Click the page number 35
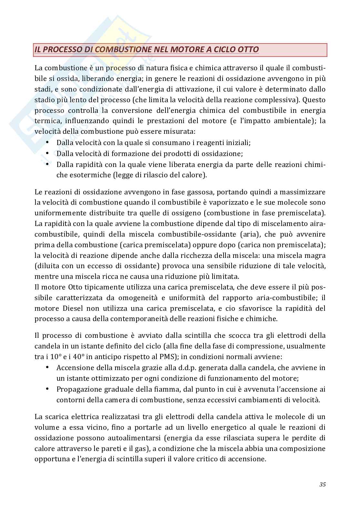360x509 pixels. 322,484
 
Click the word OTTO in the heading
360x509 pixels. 246,50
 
